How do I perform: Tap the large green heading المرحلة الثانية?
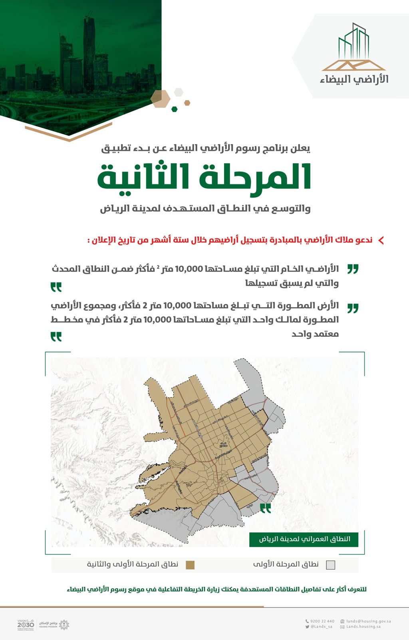point(204,177)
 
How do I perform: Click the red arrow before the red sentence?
point(381,240)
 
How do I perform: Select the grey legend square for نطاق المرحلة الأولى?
point(330,565)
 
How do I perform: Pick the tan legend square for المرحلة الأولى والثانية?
point(190,565)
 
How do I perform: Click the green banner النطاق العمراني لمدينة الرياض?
point(304,539)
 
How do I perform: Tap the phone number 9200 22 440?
point(322,621)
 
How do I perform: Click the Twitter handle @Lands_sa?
point(321,627)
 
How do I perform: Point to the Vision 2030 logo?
point(26,624)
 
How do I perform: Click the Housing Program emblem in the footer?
point(64,624)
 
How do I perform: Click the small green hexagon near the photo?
point(174,109)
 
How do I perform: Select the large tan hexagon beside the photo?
point(160,99)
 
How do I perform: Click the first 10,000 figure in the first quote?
point(189,269)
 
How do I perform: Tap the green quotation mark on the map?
point(266,508)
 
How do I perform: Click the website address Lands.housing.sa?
point(363,627)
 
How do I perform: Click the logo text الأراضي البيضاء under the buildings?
point(354,79)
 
